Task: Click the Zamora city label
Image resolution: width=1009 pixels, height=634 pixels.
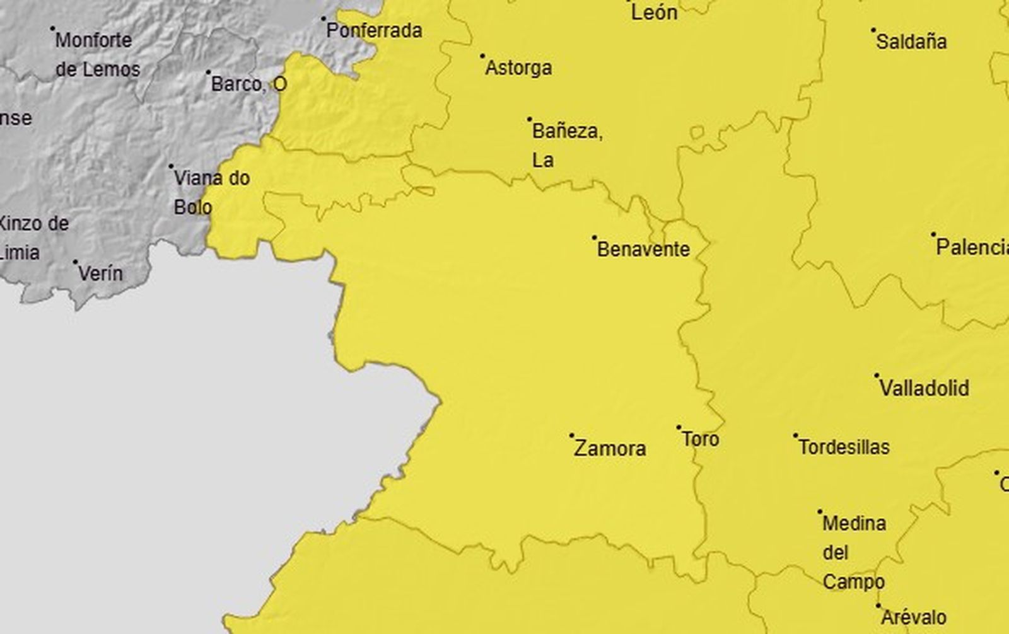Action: click(610, 449)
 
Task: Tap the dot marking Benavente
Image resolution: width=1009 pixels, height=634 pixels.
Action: click(594, 238)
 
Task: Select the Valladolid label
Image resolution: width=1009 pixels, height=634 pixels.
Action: click(924, 388)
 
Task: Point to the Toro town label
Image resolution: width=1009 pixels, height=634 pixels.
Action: click(700, 439)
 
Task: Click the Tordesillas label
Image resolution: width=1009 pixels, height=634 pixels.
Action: click(844, 447)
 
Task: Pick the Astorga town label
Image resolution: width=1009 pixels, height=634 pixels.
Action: click(518, 68)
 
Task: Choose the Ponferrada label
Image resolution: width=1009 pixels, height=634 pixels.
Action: click(374, 30)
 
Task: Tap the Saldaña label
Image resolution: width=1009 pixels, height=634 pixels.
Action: click(911, 42)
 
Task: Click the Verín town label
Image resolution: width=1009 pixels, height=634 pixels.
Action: click(100, 274)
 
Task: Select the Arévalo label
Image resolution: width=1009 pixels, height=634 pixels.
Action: click(914, 617)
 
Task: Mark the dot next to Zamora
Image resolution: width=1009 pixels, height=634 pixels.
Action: click(572, 435)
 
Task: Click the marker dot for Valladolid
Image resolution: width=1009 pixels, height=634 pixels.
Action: click(877, 376)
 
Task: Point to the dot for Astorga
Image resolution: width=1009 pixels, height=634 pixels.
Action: click(482, 56)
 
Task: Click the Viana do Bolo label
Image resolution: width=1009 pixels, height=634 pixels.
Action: click(211, 192)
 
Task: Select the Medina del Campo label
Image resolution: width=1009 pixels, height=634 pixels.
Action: click(853, 552)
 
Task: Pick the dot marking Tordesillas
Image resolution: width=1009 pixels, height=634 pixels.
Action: click(796, 435)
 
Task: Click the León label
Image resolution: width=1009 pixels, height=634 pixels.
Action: click(654, 13)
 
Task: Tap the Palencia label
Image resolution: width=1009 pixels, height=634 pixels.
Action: click(972, 247)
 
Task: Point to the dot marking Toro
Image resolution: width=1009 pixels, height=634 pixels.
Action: click(679, 427)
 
